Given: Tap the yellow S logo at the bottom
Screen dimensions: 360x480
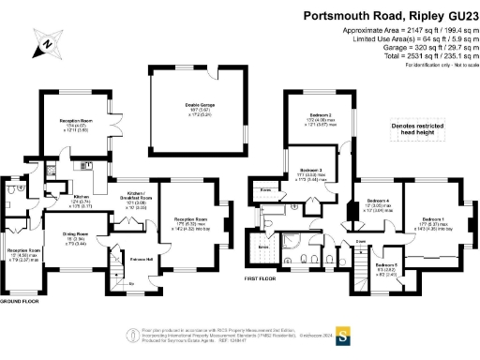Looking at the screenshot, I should [343, 335].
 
